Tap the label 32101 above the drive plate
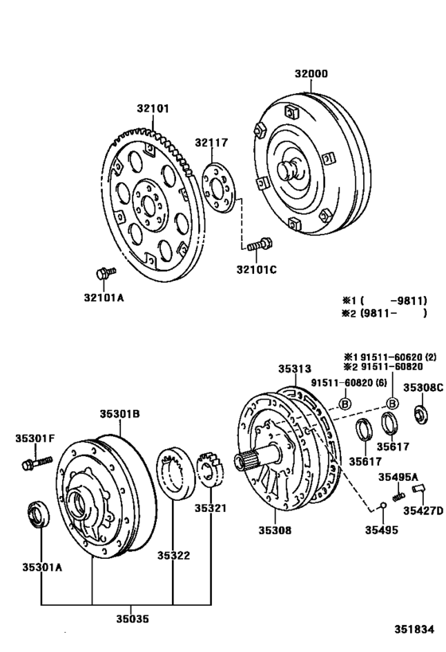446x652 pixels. tap(153, 108)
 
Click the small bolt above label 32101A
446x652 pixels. tap(102, 274)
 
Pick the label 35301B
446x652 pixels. tap(119, 413)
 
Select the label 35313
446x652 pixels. tap(294, 368)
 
